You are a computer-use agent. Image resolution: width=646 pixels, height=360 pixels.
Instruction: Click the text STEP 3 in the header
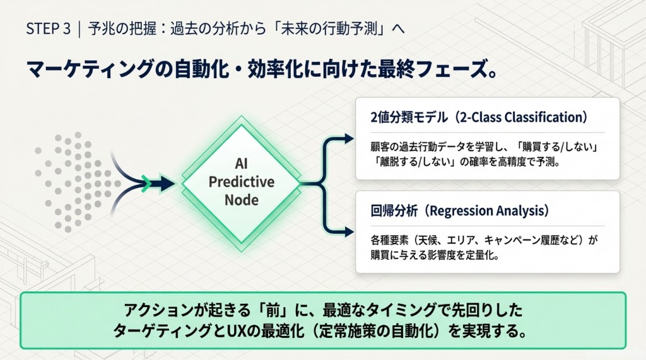48,30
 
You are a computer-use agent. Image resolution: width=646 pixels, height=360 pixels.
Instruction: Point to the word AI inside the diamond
242,164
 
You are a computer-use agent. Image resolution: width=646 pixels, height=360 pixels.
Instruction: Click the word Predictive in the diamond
242,182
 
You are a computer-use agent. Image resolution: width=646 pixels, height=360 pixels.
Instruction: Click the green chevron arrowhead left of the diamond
147,183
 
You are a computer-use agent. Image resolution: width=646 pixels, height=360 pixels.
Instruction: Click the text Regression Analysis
479,210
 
